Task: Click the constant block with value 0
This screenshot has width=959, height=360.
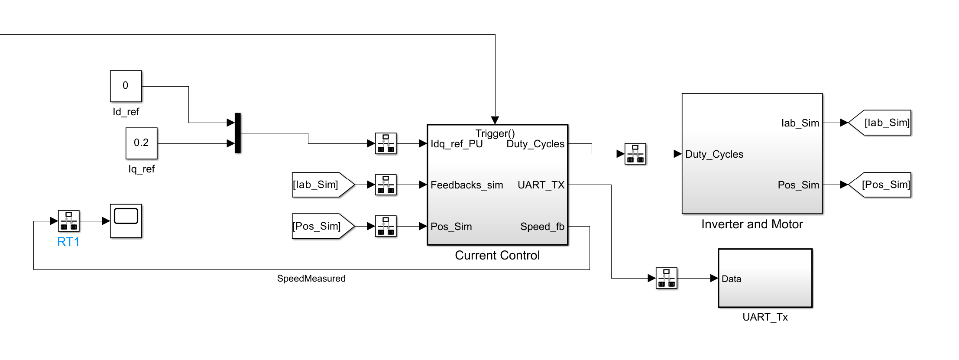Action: [x=126, y=86]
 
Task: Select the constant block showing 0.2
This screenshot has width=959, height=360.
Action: [x=141, y=143]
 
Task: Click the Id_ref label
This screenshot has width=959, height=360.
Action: [x=126, y=112]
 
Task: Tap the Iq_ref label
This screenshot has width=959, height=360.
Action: [x=141, y=169]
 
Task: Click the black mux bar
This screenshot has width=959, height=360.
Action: [x=237, y=133]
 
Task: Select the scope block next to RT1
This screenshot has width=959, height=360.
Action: [x=126, y=221]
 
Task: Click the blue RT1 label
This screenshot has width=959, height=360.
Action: [x=68, y=242]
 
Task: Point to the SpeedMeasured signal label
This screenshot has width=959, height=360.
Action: [x=311, y=279]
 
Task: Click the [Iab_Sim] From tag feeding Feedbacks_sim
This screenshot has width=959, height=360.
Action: [x=321, y=185]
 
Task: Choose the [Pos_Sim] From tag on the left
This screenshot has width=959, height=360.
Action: [x=321, y=226]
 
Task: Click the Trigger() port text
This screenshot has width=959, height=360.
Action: [x=495, y=133]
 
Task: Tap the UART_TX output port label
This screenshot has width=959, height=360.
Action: [x=541, y=185]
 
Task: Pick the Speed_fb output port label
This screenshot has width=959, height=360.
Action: [x=542, y=227]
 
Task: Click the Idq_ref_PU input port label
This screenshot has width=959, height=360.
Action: [x=457, y=144]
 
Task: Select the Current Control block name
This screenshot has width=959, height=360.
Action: [x=497, y=255]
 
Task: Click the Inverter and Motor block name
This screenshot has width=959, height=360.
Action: [x=752, y=224]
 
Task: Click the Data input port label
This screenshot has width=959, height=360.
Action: [x=731, y=279]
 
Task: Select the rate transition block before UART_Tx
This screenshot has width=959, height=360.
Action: [x=666, y=278]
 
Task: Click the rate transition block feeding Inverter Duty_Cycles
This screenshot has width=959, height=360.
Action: [x=635, y=154]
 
